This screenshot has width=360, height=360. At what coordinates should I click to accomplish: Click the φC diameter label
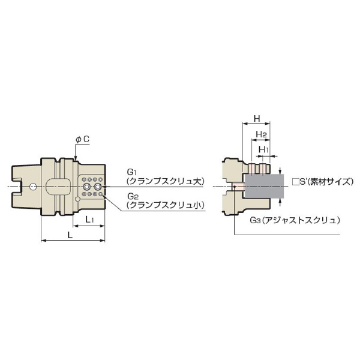coord(82,139)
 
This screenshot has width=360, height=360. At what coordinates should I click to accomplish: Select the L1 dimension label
coord(89,220)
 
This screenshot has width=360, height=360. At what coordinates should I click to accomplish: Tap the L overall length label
coord(70,235)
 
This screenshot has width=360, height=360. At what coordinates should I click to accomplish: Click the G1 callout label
coord(131,172)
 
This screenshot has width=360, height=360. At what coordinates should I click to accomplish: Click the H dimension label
coord(257,119)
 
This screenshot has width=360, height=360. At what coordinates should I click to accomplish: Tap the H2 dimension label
coord(261,134)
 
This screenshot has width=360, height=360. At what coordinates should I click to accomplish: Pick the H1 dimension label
coord(263,149)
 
